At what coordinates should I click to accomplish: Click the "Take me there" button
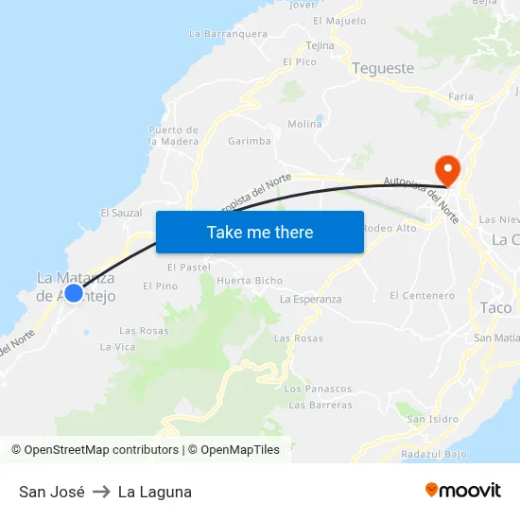click(x=260, y=232)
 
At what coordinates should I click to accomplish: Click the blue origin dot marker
click(x=74, y=293)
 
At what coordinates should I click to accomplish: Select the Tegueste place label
click(x=383, y=68)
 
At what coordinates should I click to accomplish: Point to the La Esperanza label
click(x=311, y=299)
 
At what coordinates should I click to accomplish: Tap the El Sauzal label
click(x=121, y=213)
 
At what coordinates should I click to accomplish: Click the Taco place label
click(x=495, y=307)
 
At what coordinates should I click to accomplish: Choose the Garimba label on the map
click(x=250, y=141)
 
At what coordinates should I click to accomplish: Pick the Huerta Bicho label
click(x=250, y=281)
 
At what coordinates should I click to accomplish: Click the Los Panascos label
click(x=318, y=389)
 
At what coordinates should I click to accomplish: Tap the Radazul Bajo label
click(x=434, y=454)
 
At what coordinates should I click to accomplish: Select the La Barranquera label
click(x=228, y=33)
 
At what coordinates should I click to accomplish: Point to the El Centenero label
click(x=422, y=296)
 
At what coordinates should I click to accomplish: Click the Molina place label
click(x=304, y=124)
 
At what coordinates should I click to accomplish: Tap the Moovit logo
click(x=463, y=490)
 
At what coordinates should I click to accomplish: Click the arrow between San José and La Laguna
click(x=101, y=492)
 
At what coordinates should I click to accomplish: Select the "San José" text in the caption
click(x=52, y=492)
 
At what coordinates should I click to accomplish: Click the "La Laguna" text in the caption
click(x=155, y=492)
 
